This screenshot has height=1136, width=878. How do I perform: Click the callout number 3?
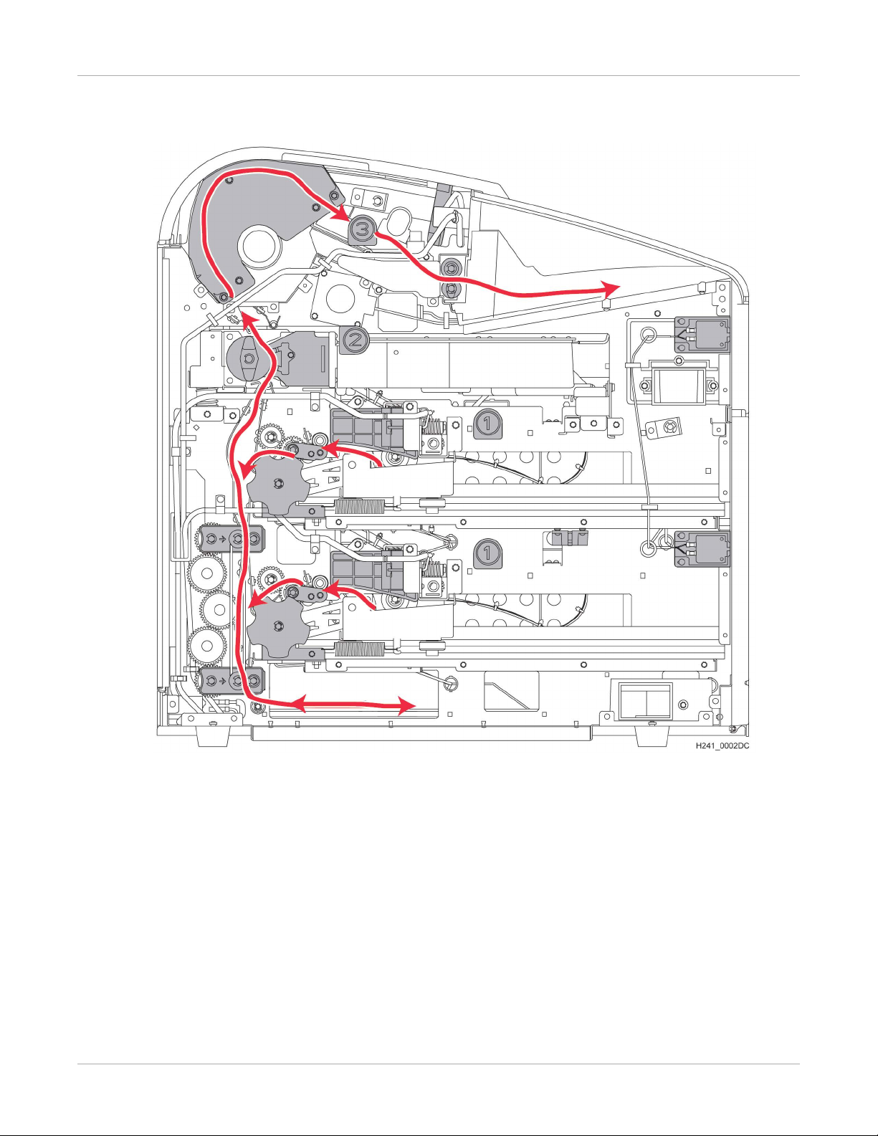click(x=363, y=230)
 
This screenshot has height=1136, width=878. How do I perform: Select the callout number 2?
click(x=356, y=340)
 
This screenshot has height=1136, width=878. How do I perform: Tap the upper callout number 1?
click(x=487, y=424)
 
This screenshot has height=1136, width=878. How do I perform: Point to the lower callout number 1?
click(x=487, y=553)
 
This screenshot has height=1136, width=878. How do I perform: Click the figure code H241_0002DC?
click(x=722, y=746)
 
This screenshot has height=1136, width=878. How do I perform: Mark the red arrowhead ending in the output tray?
click(x=611, y=289)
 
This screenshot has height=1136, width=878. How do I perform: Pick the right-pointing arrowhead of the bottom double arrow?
click(x=406, y=706)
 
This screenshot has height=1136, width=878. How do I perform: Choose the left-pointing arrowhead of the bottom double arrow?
click(x=296, y=705)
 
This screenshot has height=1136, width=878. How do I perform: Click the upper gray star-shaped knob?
click(x=278, y=484)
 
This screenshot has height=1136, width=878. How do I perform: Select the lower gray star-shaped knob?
click(x=278, y=626)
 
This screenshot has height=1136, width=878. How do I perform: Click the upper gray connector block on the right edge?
click(x=702, y=335)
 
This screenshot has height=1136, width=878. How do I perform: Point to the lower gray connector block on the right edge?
click(x=702, y=549)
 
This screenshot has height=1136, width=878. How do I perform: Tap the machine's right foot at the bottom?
click(x=652, y=735)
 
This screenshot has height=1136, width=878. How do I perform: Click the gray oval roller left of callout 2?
click(x=249, y=358)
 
